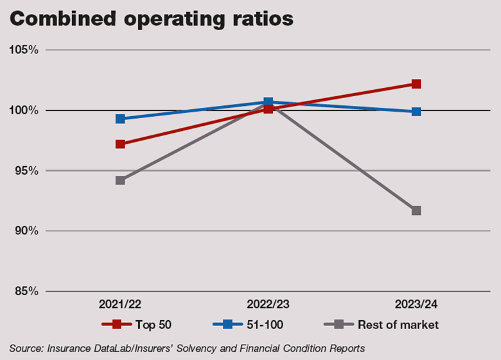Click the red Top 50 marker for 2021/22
coord(120,144)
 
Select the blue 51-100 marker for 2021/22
coord(120,119)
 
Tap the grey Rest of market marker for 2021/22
coord(120,180)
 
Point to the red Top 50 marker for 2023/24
coord(416,84)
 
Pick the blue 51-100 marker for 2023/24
coord(416,112)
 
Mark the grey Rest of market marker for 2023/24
coord(416,210)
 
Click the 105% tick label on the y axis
coord(24,50)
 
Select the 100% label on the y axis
coord(24,110)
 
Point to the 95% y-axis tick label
coord(26,171)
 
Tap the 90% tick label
coord(26,231)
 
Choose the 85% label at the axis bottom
coord(26,291)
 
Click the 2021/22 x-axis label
coord(120,304)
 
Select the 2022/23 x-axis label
coord(268,304)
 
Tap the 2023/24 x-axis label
coord(416,304)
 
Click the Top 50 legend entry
coord(148,325)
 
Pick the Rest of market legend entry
coord(399,325)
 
